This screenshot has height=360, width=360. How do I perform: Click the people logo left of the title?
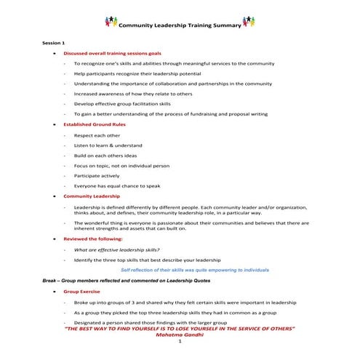111,23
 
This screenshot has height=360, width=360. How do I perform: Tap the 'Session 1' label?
54,43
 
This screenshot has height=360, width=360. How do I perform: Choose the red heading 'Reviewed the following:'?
93,238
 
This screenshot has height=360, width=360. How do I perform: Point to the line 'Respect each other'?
97,135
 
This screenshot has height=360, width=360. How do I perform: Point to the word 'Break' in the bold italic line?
52,280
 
